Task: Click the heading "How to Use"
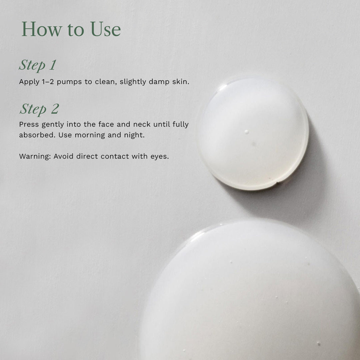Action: [71, 29]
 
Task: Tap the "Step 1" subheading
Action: [37, 65]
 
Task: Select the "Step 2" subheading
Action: [39, 109]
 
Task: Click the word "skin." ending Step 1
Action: [181, 82]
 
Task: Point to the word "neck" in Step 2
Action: [142, 124]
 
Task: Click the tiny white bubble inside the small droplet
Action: [246, 132]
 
